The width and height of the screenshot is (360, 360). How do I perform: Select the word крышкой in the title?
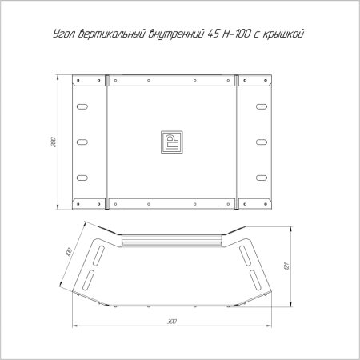pyautogui.click(x=283, y=34)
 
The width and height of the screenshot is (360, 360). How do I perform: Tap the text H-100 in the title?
pyautogui.click(x=237, y=34)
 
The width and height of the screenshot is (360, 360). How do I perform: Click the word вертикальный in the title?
pyautogui.click(x=112, y=34)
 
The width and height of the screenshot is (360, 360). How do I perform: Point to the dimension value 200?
pyautogui.click(x=54, y=142)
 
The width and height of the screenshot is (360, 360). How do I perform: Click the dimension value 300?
pyautogui.click(x=172, y=322)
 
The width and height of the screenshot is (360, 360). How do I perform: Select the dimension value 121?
pyautogui.click(x=286, y=266)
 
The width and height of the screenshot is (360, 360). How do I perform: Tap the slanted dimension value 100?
pyautogui.click(x=69, y=252)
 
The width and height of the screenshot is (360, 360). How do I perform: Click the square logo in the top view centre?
pyautogui.click(x=172, y=142)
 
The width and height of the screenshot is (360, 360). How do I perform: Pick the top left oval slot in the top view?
pyautogui.click(x=82, y=106)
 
